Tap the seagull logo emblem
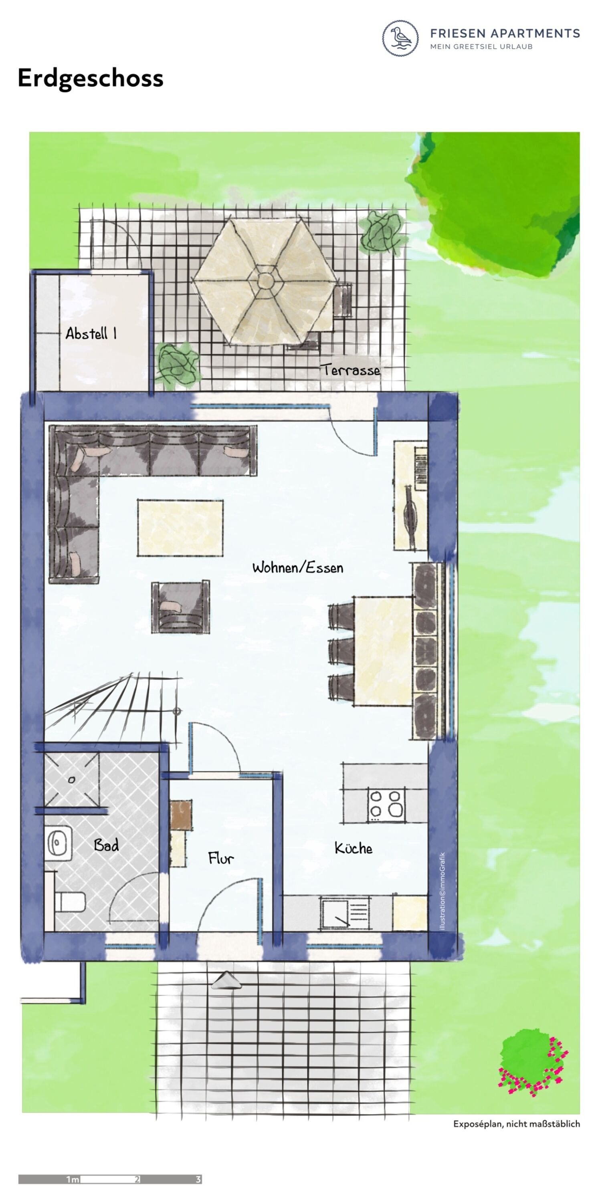(x=400, y=38)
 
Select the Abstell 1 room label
(x=91, y=333)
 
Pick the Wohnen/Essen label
(x=298, y=567)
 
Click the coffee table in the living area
(x=180, y=528)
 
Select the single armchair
(x=180, y=607)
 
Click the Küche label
(x=354, y=848)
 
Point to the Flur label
(x=221, y=858)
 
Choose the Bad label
(x=107, y=845)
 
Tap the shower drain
(x=71, y=779)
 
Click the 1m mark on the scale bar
(x=73, y=1179)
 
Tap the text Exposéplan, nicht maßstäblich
(x=517, y=1123)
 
